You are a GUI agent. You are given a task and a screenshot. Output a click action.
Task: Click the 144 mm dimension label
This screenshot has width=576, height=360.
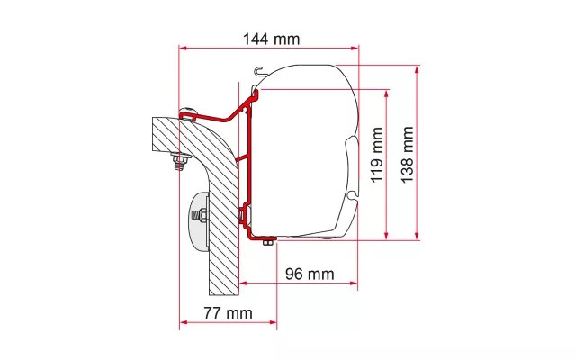(271, 39)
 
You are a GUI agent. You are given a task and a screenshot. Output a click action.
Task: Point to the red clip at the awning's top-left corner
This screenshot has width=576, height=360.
(255, 94)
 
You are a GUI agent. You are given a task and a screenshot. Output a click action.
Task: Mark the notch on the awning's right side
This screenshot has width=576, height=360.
(354, 189)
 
